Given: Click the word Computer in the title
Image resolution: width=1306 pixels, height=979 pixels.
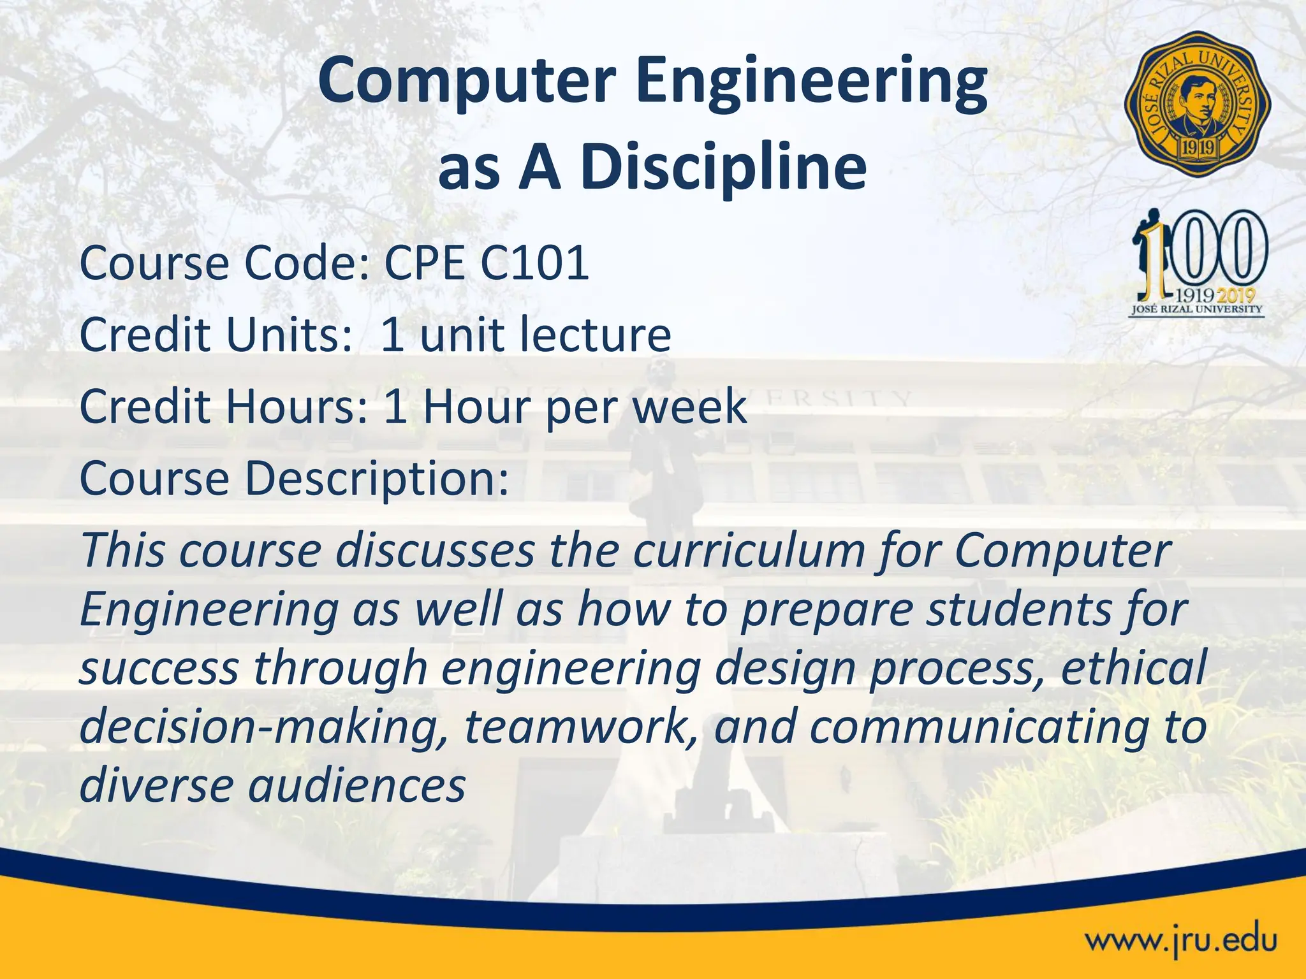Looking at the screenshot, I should pos(467,82).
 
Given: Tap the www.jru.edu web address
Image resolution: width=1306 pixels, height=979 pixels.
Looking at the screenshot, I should pos(1181,939).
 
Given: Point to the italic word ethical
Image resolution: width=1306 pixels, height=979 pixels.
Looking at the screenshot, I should pos(1133,668).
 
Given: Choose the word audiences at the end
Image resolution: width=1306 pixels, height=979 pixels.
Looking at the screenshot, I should pos(356,785).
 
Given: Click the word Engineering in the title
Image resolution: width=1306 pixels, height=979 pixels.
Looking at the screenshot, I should pos(811,82).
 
